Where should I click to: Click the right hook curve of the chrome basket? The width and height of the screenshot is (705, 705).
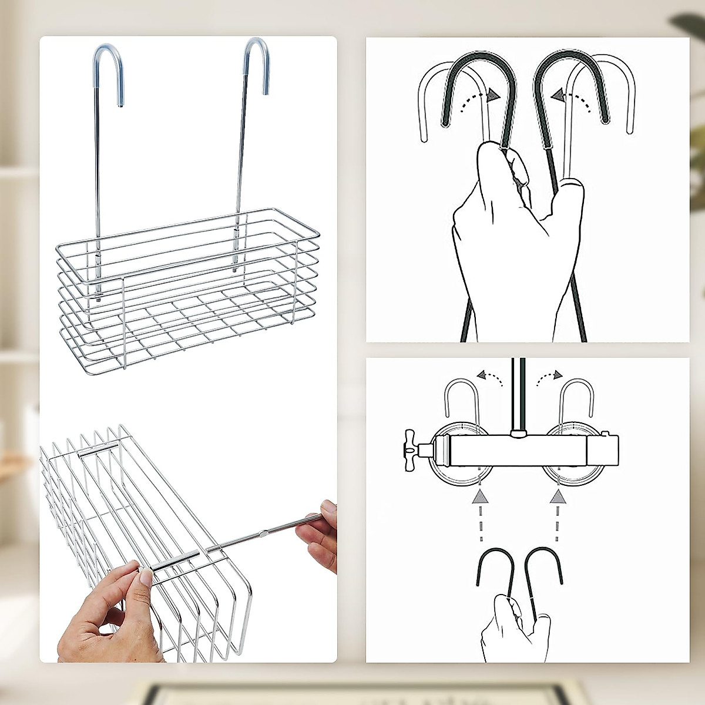[257, 50]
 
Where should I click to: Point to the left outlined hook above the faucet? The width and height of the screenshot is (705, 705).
[461, 399]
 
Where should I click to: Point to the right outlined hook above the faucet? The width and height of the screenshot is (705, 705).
[575, 399]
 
